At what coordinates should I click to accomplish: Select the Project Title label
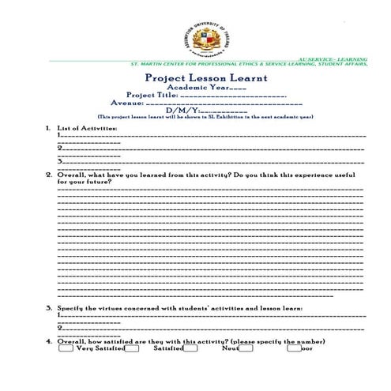(x=152, y=95)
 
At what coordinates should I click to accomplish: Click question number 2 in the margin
(x=49, y=174)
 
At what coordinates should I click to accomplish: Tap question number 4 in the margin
(x=49, y=340)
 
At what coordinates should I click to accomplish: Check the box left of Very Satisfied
(x=66, y=348)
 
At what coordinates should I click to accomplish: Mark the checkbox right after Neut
(x=246, y=348)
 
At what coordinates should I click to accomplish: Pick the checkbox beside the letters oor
(x=294, y=348)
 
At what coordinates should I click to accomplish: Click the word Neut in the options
(x=230, y=348)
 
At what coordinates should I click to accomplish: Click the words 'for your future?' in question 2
(x=84, y=181)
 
